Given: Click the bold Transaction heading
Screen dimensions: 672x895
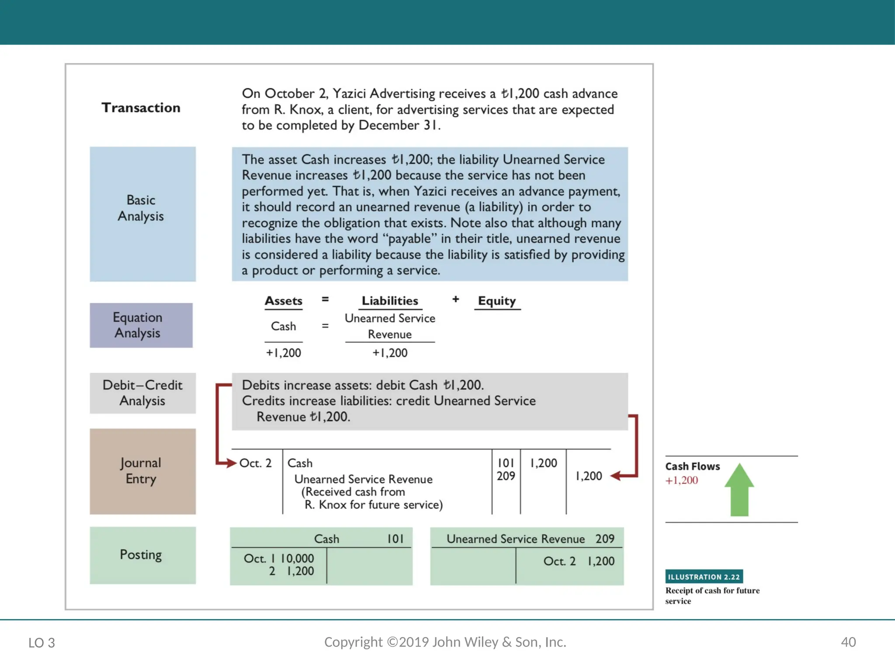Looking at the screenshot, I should coord(141,108).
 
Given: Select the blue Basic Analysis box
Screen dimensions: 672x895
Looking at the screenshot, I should coord(142,214).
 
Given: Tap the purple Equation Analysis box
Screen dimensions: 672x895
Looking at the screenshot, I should coord(141,325).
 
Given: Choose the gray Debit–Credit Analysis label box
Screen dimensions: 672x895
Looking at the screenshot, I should coord(142,393).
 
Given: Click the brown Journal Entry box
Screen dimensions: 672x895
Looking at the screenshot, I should coord(142,471).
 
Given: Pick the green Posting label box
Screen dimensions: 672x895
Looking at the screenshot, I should coord(142,555).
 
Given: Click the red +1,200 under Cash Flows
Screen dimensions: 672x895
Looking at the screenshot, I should coord(681,480).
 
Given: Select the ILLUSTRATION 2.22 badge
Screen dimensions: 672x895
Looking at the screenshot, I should coord(704,577).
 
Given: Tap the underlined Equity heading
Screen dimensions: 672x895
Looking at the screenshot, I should coord(497,301).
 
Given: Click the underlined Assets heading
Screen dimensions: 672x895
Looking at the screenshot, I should coord(283,301).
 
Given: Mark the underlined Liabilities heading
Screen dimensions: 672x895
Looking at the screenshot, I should coord(390,301).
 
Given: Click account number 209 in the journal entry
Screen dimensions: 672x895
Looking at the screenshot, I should coord(506,476).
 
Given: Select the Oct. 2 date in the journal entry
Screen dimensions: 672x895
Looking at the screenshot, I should coord(255,463).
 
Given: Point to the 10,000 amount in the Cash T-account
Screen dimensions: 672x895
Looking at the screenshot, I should coord(297,559).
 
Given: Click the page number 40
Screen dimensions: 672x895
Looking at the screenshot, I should coord(848,642).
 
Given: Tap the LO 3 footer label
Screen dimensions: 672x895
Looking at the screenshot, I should coord(42,643).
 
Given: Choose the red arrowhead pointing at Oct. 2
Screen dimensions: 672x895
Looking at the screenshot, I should coord(232,463).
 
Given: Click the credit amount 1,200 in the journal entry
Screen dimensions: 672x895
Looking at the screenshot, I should coord(589,476).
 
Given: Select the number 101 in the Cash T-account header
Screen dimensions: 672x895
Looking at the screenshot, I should coord(395,539).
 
